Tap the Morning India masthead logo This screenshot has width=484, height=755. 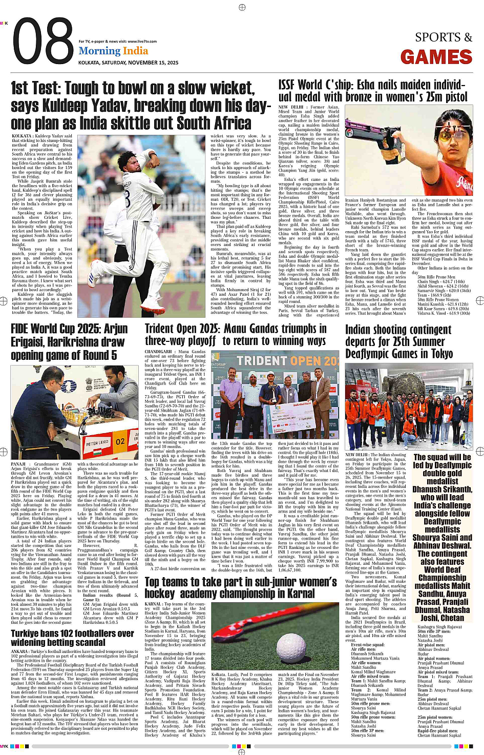pyautogui.click(x=113, y=51)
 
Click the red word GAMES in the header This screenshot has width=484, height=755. pyautogui.click(x=436, y=57)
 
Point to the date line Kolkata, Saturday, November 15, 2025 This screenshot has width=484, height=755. pyautogui.click(x=128, y=63)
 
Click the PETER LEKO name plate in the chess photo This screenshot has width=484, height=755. pyautogui.click(x=97, y=442)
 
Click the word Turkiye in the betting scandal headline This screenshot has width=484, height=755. pyautogui.click(x=30, y=634)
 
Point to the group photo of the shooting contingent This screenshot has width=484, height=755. pyautogui.click(x=408, y=407)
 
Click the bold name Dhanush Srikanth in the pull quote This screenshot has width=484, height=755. pyautogui.click(x=442, y=489)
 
